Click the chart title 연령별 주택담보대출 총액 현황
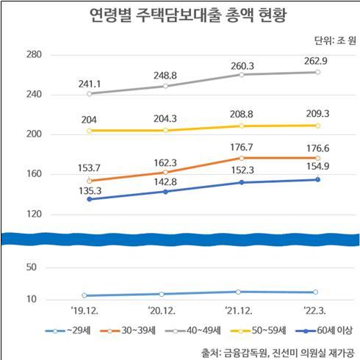(x=181, y=16)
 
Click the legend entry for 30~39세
(x=129, y=331)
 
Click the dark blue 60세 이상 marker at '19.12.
(x=90, y=199)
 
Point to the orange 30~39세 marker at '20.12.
(x=165, y=172)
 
